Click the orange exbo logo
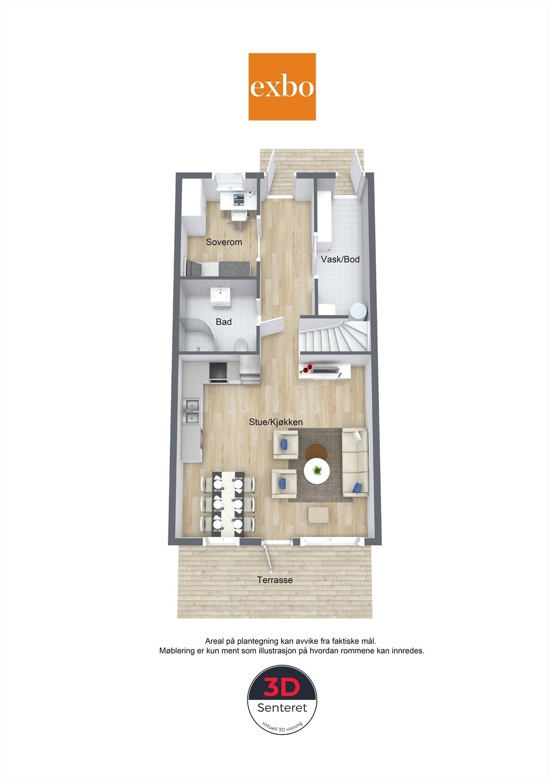click(x=282, y=87)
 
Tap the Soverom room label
click(x=224, y=242)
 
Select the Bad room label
click(x=224, y=322)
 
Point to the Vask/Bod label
click(x=340, y=260)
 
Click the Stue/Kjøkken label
click(x=276, y=422)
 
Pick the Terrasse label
click(x=275, y=580)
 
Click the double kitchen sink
click(x=192, y=410)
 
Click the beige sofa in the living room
click(x=355, y=463)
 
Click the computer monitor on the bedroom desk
click(x=238, y=198)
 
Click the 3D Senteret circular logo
click(x=283, y=700)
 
